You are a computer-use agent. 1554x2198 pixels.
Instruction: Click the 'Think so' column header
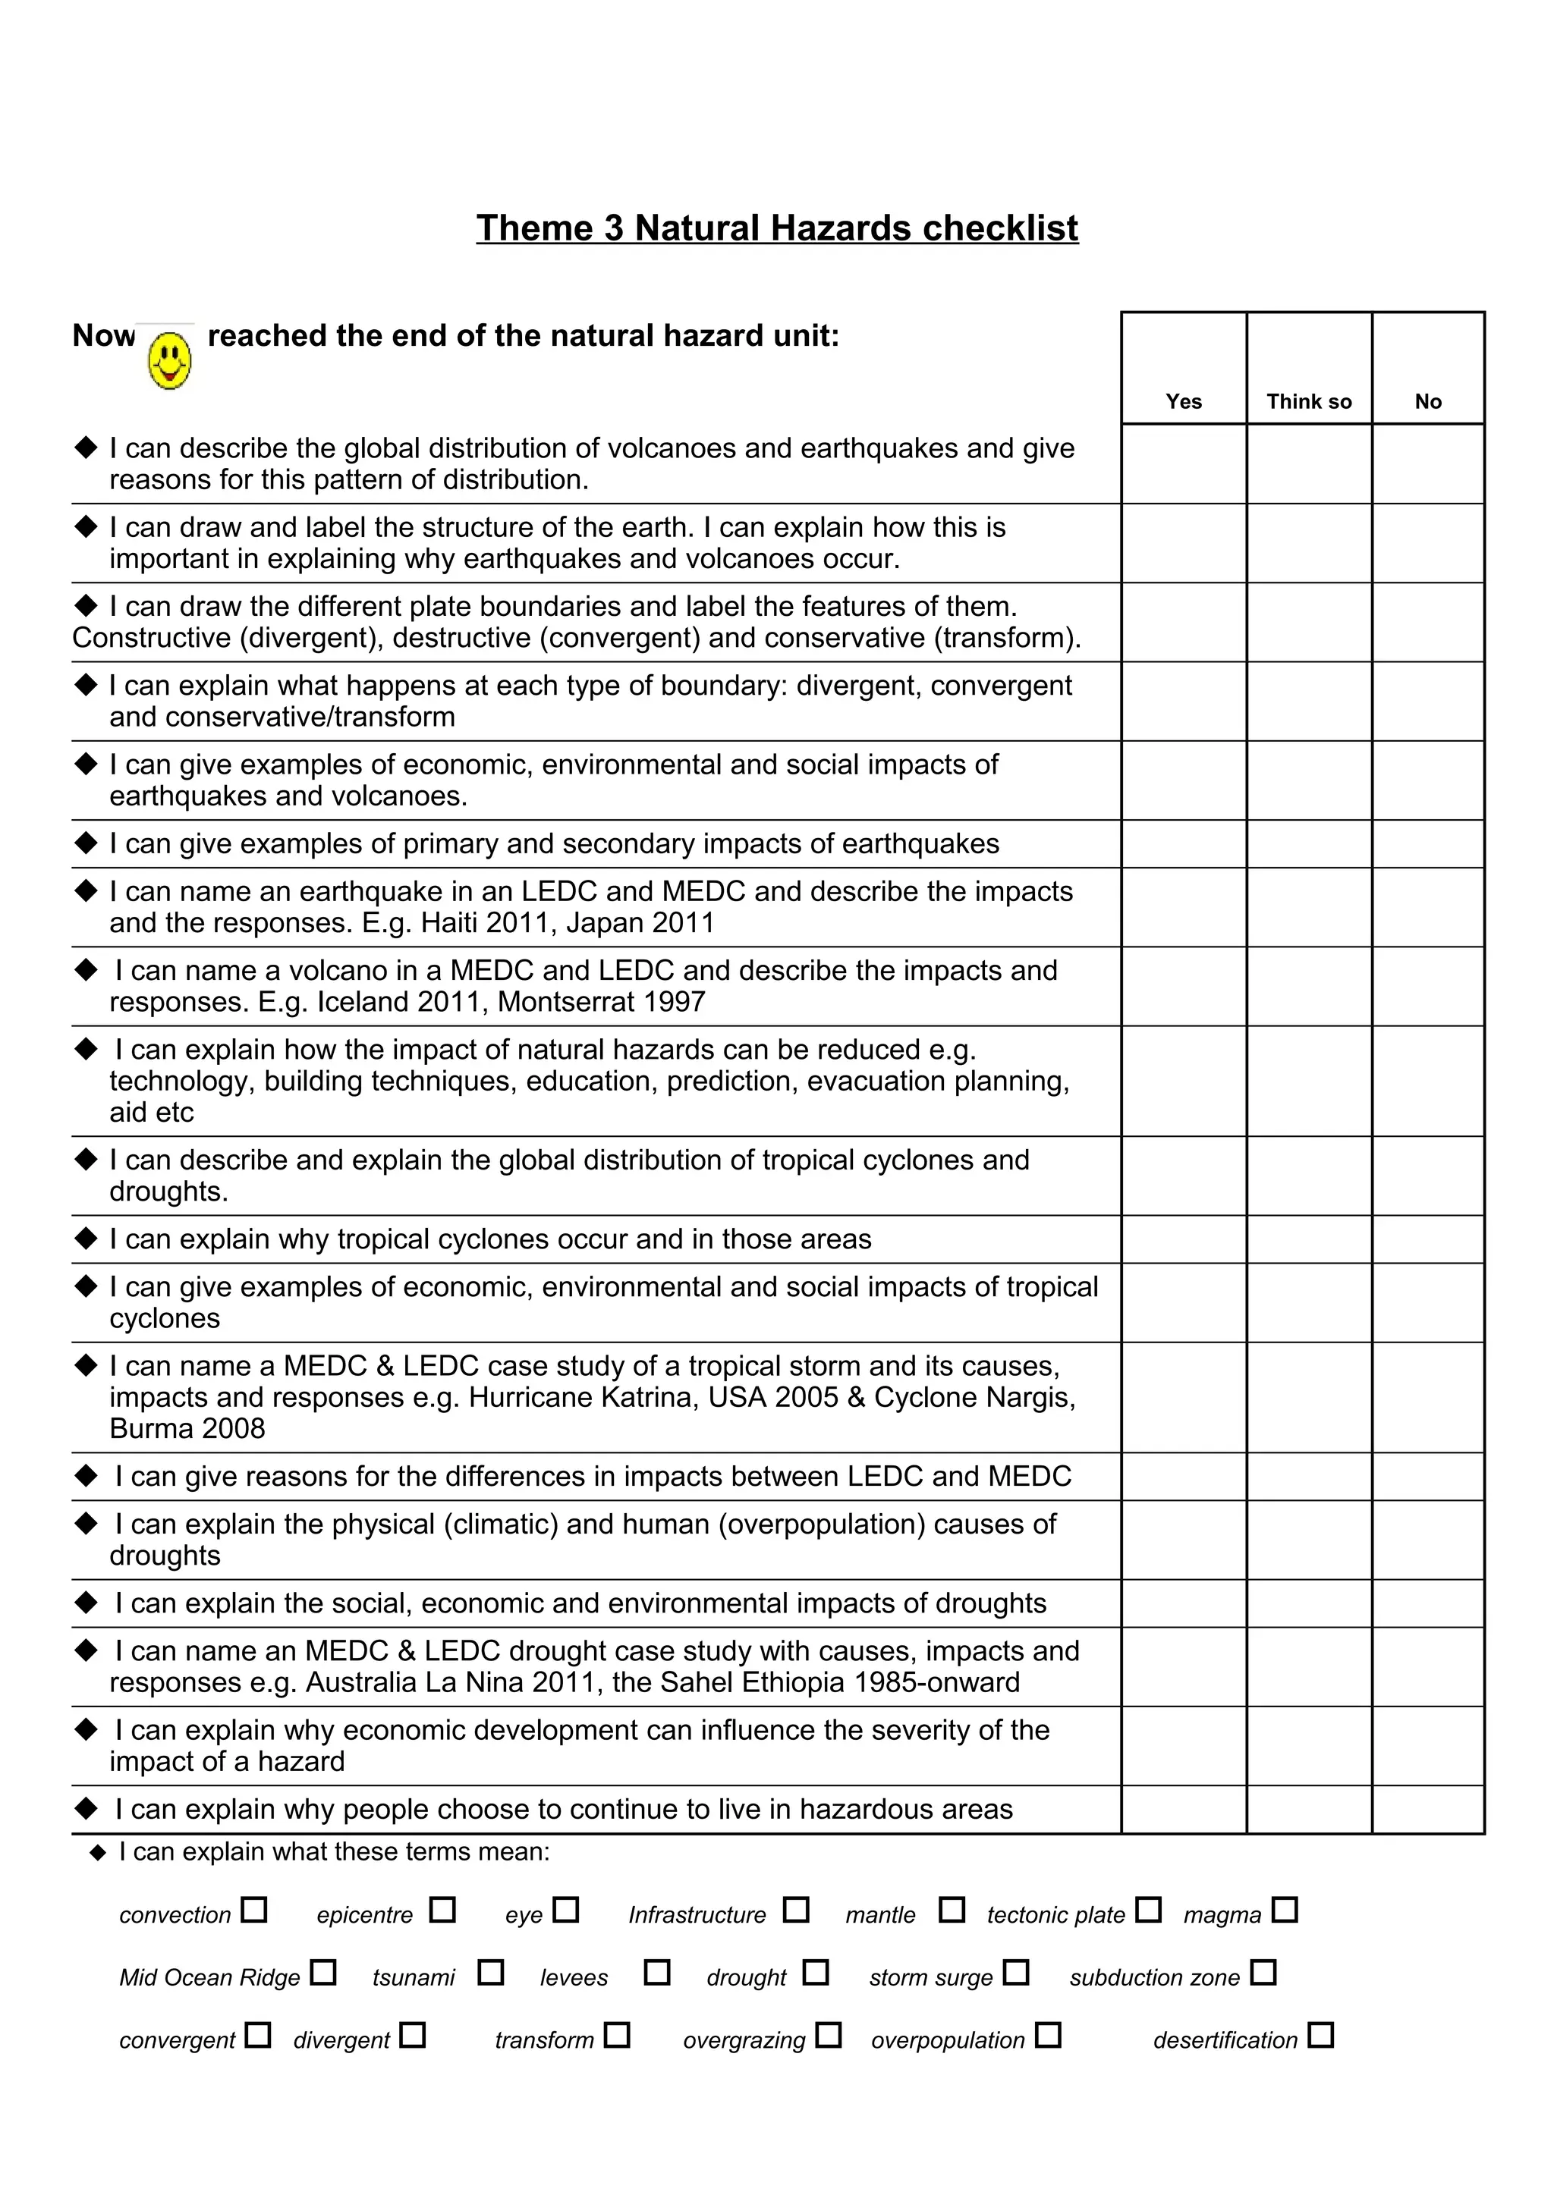coord(1308,401)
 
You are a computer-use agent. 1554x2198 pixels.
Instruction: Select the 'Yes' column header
coord(1184,401)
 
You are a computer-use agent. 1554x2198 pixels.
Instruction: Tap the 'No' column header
coord(1427,401)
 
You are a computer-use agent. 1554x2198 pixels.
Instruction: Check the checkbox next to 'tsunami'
coord(490,1973)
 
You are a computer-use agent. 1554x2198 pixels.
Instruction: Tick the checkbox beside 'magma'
coord(1285,1910)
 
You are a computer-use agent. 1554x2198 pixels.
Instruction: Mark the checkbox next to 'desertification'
coord(1320,2034)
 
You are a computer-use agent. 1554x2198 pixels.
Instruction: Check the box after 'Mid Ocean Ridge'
coord(324,1973)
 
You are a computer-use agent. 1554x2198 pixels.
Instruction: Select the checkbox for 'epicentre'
coord(442,1910)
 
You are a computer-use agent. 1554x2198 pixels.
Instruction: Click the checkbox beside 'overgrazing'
coord(829,2034)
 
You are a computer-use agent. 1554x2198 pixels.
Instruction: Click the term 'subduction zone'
coord(1154,1978)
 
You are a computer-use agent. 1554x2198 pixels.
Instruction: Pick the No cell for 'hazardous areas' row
coord(1427,1810)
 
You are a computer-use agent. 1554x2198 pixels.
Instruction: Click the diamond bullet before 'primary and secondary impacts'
coord(87,843)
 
